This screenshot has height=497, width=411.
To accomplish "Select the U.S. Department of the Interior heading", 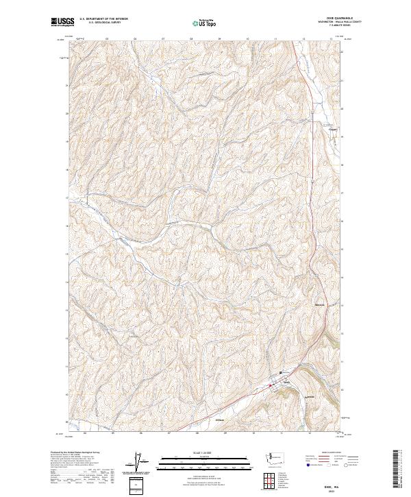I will click(103, 19).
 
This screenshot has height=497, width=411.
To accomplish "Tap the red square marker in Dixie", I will click(270, 385).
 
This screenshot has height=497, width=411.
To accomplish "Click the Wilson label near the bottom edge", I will click(220, 420).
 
